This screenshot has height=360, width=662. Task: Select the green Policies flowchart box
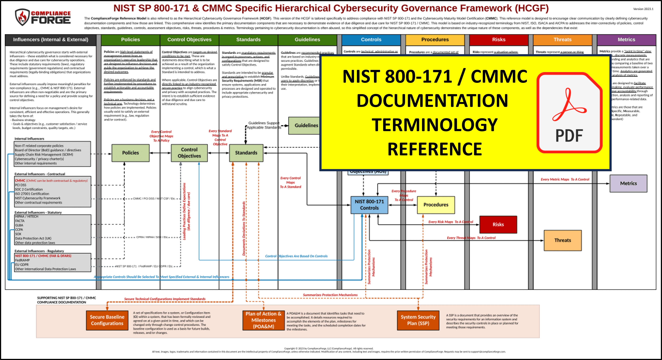pyautogui.click(x=130, y=153)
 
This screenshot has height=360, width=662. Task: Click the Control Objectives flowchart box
pyautogui.click(x=189, y=153)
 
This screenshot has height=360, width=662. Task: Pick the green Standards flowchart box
pyautogui.click(x=246, y=153)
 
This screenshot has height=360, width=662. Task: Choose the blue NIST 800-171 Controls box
pyautogui.click(x=369, y=205)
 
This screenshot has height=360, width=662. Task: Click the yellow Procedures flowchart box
pyautogui.click(x=436, y=205)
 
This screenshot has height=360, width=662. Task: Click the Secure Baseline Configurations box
pyautogui.click(x=107, y=320)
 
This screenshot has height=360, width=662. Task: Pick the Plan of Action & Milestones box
pyautogui.click(x=263, y=320)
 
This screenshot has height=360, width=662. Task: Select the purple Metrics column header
pyautogui.click(x=626, y=40)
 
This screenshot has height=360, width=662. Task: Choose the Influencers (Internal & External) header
pyautogui.click(x=51, y=40)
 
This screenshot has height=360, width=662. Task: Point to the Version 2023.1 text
pyautogui.click(x=643, y=9)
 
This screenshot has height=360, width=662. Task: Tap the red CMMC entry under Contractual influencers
pyautogui.click(x=20, y=181)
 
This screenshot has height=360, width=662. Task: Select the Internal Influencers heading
pyautogui.click(x=29, y=139)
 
